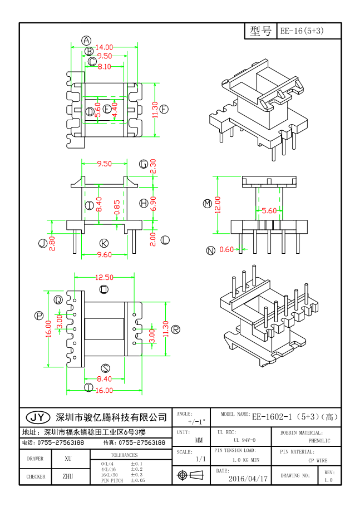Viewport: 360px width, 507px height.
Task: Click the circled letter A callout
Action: [x=86, y=40]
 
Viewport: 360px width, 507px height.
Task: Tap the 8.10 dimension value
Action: [x=104, y=67]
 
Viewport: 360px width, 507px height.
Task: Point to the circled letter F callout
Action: [x=164, y=110]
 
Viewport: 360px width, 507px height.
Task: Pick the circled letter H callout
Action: [x=144, y=204]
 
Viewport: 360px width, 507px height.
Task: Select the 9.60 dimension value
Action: [x=105, y=254]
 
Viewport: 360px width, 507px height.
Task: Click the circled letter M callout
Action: [x=208, y=204]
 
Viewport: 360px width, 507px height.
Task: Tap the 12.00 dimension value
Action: [x=218, y=204]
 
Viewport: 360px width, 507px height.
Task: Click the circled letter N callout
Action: [x=210, y=250]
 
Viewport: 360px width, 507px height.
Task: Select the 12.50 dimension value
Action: [x=104, y=277]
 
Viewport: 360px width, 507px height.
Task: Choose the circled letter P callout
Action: [x=39, y=316]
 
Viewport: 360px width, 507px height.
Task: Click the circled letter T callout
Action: [x=88, y=388]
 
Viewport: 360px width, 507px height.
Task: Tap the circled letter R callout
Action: [x=176, y=329]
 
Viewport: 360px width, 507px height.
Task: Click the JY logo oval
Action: [x=38, y=417]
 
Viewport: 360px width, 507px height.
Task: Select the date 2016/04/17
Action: [x=248, y=478]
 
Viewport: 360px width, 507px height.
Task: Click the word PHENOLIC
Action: [x=319, y=441]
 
